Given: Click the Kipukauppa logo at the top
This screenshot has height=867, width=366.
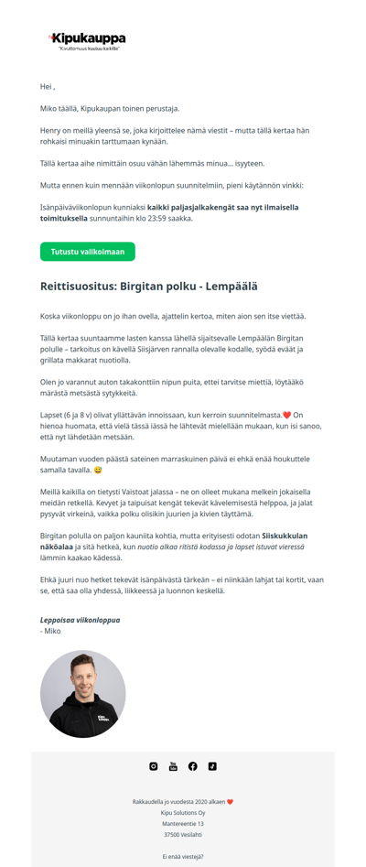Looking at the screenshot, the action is tap(88, 40).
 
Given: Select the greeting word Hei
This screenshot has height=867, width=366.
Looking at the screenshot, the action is tap(46, 86).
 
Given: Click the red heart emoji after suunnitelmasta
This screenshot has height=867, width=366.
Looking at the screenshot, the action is tap(286, 415).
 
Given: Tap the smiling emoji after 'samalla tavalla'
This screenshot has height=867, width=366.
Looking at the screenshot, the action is tap(98, 470).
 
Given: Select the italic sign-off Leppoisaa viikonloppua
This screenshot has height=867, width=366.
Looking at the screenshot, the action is tap(80, 620).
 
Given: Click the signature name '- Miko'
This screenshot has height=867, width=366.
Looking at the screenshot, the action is tap(50, 631).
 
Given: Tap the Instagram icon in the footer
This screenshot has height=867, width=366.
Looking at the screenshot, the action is tap(154, 766).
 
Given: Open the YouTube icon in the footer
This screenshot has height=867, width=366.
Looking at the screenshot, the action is tap(173, 766).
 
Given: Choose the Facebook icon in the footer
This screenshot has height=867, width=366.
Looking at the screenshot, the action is tap(193, 766).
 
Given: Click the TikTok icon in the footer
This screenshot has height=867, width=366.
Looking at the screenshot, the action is tap(212, 766).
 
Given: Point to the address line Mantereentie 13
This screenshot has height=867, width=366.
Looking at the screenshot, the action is tap(183, 824).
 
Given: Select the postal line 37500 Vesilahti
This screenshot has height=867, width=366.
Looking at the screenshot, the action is tap(183, 835).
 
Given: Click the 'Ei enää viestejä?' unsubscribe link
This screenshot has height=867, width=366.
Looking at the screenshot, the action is tap(183, 857).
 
